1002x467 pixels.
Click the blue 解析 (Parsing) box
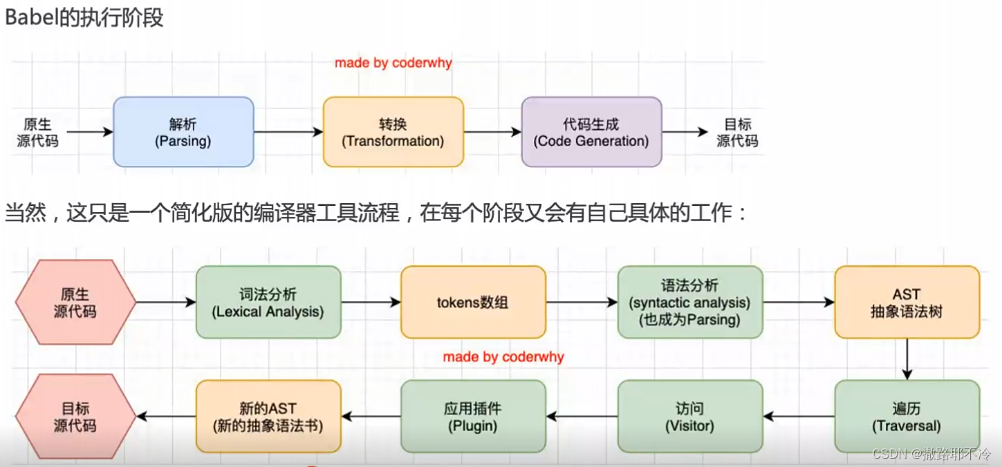coord(183,132)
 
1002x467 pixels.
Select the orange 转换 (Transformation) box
coord(393,132)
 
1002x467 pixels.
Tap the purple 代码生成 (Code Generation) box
coord(591,132)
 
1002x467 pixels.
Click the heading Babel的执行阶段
coord(84,17)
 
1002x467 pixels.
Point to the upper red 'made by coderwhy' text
coord(393,63)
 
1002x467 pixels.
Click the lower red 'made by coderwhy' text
coord(503,357)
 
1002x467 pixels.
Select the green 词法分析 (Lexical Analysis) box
coord(268,303)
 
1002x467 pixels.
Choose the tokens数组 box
coord(473,303)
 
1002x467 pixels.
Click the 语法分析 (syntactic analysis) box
coord(689,303)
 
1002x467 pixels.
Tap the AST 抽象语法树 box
coord(907,303)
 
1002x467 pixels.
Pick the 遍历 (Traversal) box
coord(907,417)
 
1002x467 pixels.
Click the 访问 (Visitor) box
coord(689,417)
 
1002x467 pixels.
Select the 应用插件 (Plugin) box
coord(473,417)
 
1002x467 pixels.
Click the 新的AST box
coord(268,417)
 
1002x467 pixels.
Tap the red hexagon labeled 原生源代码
coord(75,303)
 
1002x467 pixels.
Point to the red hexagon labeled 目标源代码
coord(75,417)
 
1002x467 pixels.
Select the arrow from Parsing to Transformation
coord(288,132)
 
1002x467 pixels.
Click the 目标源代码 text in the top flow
coord(737,132)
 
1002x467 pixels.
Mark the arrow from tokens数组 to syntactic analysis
coord(581,303)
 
